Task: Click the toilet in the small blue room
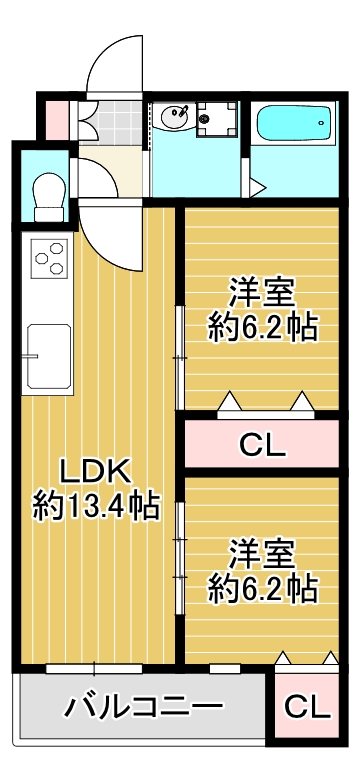[x=49, y=197]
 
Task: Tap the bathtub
[x=294, y=123]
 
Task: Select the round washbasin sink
[x=175, y=117]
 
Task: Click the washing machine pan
[x=216, y=119]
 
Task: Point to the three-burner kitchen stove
[x=49, y=258]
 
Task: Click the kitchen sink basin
[x=49, y=356]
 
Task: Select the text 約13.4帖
[x=97, y=506]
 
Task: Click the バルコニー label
[x=144, y=707]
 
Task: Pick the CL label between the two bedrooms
[x=262, y=445]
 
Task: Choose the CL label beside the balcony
[x=307, y=705]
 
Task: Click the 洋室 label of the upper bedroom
[x=262, y=294]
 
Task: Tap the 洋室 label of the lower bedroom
[x=262, y=557]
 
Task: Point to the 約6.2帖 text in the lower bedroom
[x=262, y=590]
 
